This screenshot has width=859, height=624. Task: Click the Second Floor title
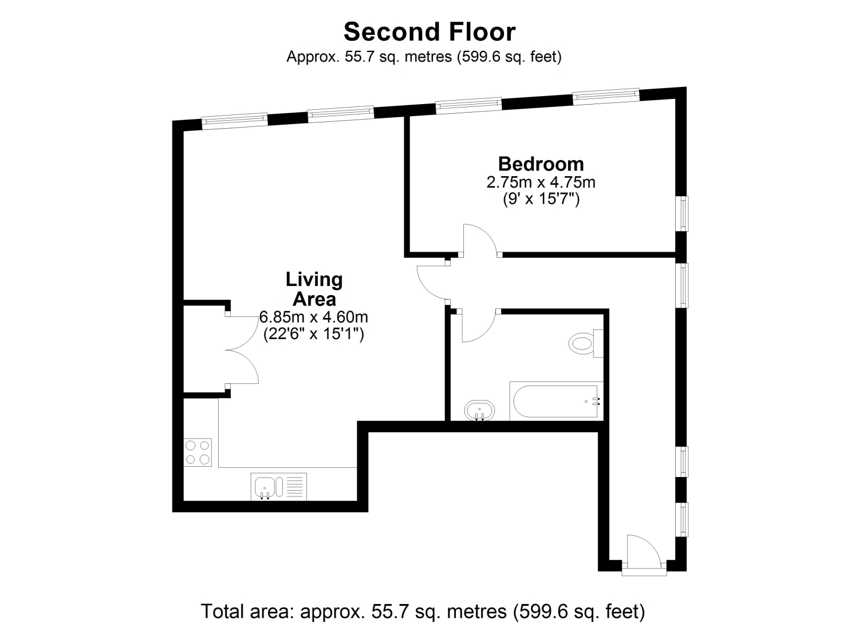coord(429,32)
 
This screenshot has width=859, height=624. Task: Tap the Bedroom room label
coord(541,164)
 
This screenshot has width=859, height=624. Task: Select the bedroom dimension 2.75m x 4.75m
coord(541,182)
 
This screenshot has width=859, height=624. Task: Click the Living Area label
coord(314,289)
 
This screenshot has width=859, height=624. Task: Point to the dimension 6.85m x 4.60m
coord(314,317)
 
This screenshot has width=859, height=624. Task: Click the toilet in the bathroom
coord(586,343)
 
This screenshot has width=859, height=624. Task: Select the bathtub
coord(556,401)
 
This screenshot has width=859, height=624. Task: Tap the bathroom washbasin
coord(479,411)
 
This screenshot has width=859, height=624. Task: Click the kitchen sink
coord(269,487)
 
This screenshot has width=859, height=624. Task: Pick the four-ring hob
coord(198,452)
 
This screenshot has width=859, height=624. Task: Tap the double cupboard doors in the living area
coord(242,350)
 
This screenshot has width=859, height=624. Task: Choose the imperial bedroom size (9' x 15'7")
coord(541,199)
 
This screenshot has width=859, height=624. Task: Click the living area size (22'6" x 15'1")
coord(314,334)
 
